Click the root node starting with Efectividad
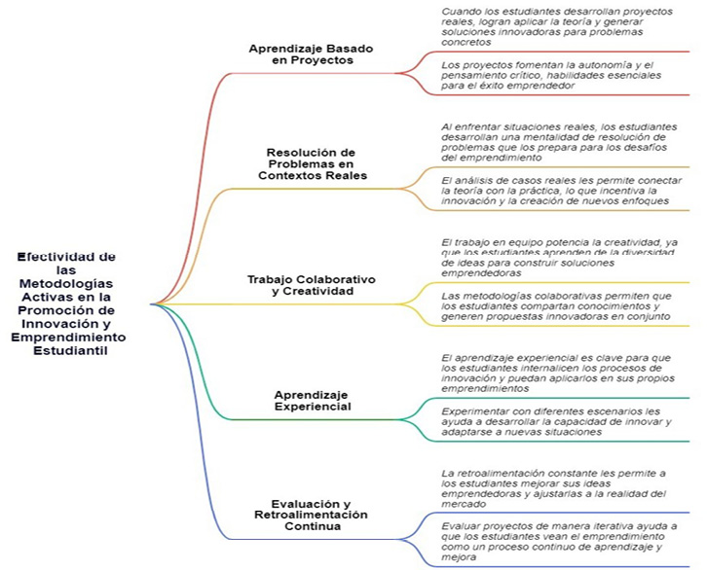coord(65,303)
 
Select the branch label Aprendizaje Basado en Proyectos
coord(310,53)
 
